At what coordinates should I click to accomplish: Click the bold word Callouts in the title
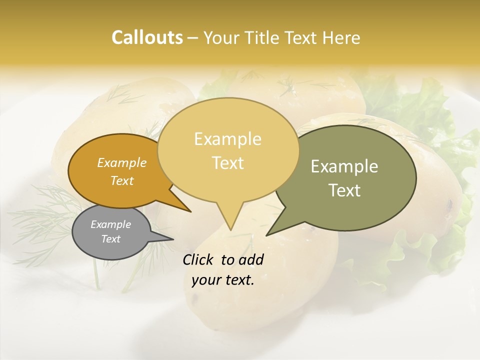point(147,37)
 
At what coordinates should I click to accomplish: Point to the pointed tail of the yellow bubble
point(229,222)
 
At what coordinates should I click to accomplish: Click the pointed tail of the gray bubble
point(165,238)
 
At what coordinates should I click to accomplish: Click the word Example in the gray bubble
point(110,224)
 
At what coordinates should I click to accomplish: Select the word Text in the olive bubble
point(344,190)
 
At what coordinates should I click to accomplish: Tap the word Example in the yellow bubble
point(227,139)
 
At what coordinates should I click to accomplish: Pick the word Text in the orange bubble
point(122,181)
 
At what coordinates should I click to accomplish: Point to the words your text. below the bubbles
point(223,280)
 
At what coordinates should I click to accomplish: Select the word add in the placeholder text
point(251,259)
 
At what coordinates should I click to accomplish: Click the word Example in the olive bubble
point(344,166)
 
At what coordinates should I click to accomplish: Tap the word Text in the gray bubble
point(110,239)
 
